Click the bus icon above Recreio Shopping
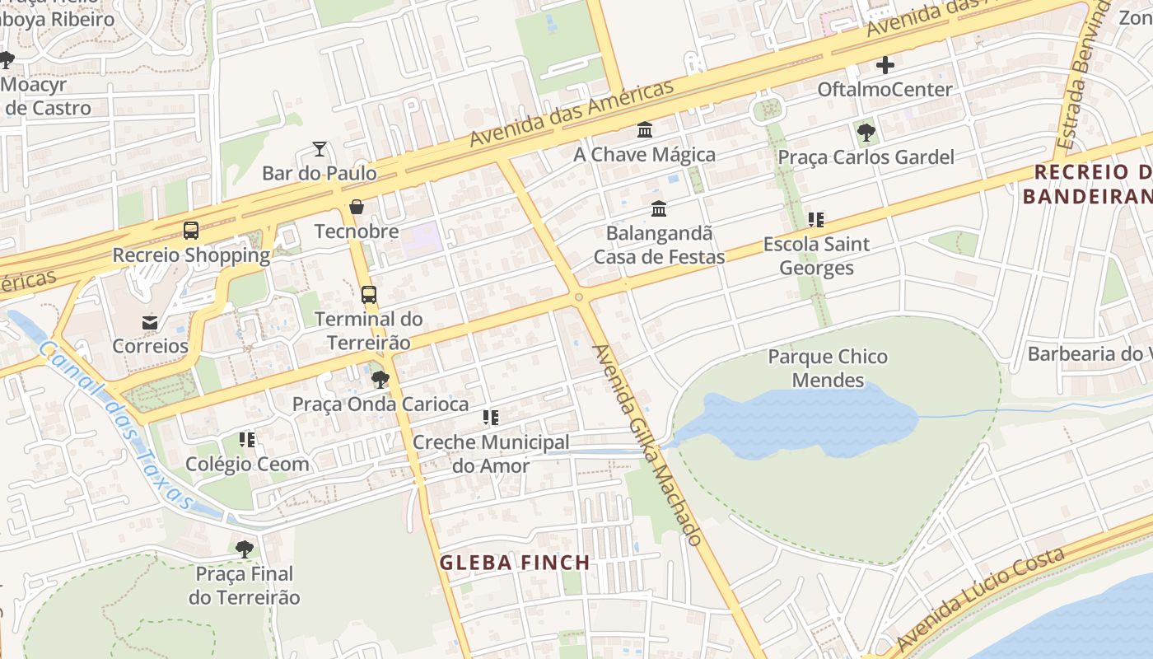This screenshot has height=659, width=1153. (191, 231)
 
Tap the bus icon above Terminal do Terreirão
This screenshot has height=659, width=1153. (369, 294)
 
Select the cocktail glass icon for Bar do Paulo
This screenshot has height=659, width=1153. (320, 149)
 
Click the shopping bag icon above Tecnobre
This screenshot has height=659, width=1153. (357, 207)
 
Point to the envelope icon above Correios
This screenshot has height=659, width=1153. (150, 322)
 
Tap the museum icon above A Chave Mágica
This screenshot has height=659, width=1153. (645, 130)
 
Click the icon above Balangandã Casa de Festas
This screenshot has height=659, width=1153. (658, 209)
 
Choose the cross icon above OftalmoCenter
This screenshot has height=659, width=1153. (885, 65)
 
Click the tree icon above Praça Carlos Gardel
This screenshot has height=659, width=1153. (866, 132)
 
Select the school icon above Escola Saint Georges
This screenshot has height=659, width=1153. (816, 220)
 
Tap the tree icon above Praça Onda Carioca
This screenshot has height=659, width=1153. (380, 380)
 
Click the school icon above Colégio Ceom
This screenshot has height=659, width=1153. (247, 440)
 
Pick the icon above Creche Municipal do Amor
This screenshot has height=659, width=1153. (491, 418)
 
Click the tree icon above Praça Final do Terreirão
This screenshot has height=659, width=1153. (244, 549)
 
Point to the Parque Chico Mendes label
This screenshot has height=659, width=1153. (828, 368)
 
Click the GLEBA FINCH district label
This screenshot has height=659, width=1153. (515, 563)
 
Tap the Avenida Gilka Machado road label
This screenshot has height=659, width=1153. (648, 445)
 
